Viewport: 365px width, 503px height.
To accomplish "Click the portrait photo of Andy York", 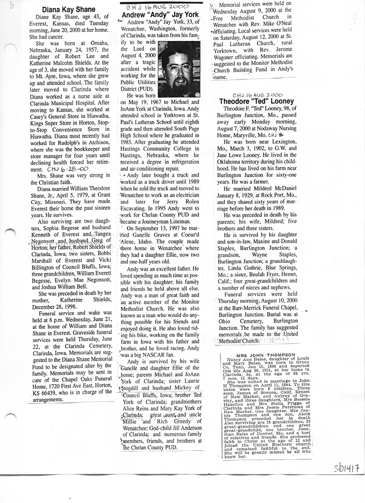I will (179, 69).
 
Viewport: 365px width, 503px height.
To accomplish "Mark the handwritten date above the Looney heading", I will (258, 93).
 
